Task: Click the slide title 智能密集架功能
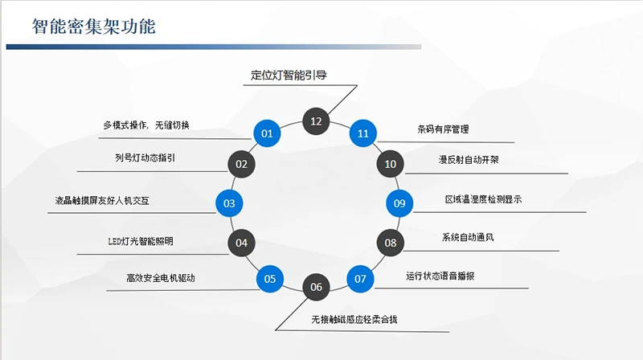click(x=94, y=27)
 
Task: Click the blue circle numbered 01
click(x=267, y=133)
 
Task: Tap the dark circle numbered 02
click(x=240, y=164)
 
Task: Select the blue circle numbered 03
click(x=229, y=203)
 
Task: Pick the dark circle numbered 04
click(x=241, y=242)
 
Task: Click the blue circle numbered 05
click(x=269, y=279)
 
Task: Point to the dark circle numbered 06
click(x=316, y=287)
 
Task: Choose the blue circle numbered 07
click(x=360, y=279)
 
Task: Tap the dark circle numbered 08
click(x=391, y=242)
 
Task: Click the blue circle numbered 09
click(x=399, y=203)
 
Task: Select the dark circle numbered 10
click(x=391, y=164)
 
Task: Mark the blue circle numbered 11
click(x=363, y=133)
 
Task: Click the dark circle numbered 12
click(x=316, y=121)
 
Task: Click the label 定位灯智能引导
click(x=288, y=76)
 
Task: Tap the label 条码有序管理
click(x=443, y=129)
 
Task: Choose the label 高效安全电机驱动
click(x=161, y=278)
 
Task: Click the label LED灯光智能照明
click(x=141, y=241)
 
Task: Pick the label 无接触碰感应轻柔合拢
click(x=354, y=319)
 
